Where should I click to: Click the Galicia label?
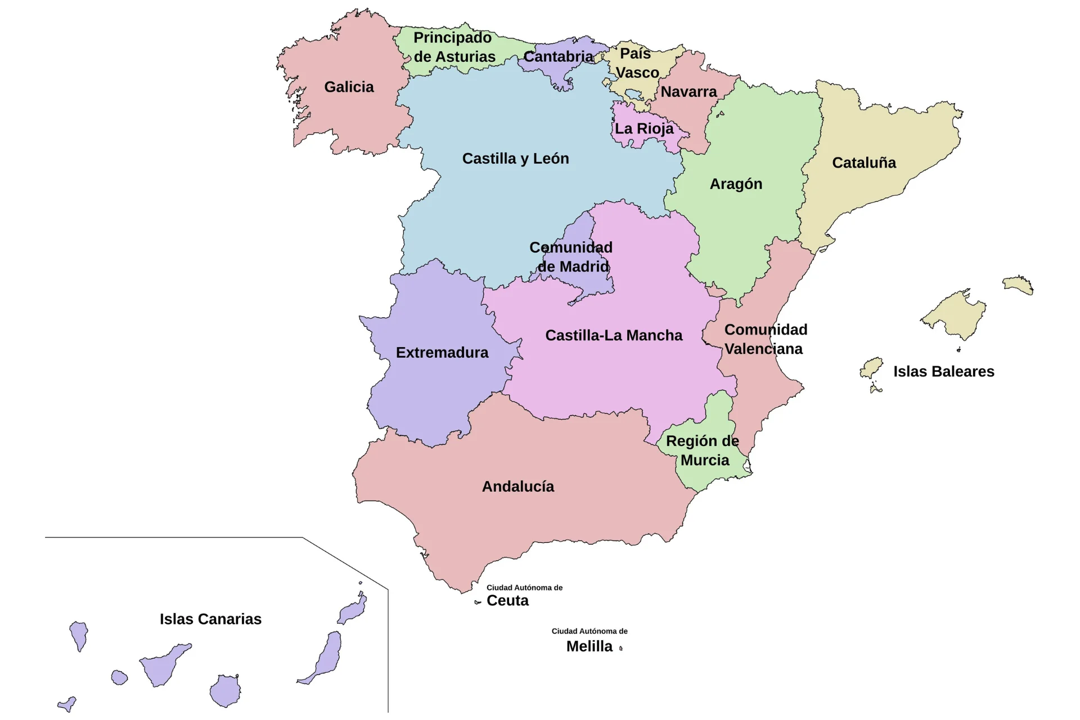pyautogui.click(x=349, y=87)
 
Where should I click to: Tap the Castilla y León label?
pyautogui.click(x=515, y=159)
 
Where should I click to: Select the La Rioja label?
pyautogui.click(x=643, y=129)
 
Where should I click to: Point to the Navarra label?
pyautogui.click(x=688, y=92)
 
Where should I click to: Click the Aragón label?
pyautogui.click(x=736, y=184)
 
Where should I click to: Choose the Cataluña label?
pyautogui.click(x=864, y=163)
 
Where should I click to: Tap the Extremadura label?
pyautogui.click(x=442, y=353)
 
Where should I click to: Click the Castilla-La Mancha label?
pyautogui.click(x=614, y=336)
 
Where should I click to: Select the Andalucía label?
pyautogui.click(x=517, y=487)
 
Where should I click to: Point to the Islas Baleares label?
pyautogui.click(x=943, y=372)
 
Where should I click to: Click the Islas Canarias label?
pyautogui.click(x=210, y=619)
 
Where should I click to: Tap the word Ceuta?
pyautogui.click(x=507, y=601)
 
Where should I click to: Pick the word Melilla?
pyautogui.click(x=589, y=647)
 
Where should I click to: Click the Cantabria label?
pyautogui.click(x=558, y=57)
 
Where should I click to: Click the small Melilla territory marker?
pyautogui.click(x=621, y=649)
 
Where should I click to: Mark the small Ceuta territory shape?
pyautogui.click(x=478, y=602)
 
